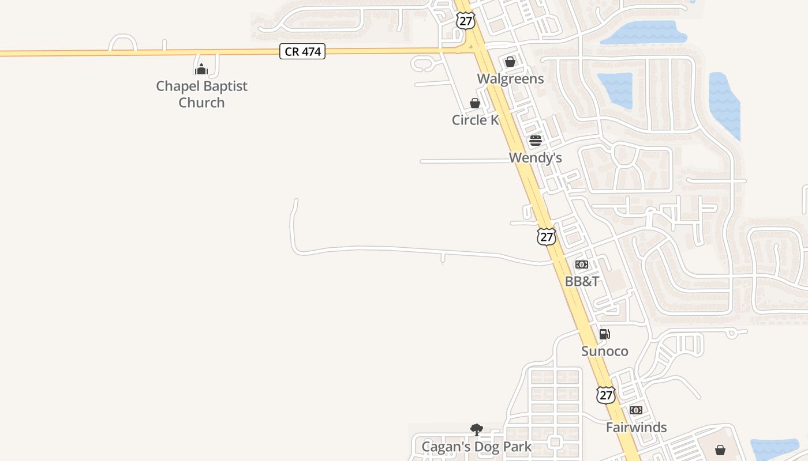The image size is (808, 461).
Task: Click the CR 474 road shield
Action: [302, 52]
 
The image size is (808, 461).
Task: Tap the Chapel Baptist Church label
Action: [201, 95]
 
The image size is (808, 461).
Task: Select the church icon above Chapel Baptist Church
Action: [201, 69]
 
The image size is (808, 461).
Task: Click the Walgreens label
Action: [510, 78]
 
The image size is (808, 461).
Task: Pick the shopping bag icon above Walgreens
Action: [510, 62]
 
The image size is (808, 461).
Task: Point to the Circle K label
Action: [475, 120]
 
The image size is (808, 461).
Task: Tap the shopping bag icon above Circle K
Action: [475, 103]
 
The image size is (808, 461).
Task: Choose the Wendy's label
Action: [535, 157]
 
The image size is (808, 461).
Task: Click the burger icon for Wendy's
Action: [536, 141]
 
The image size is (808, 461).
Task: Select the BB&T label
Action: [582, 281]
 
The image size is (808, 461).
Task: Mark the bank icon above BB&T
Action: [582, 264]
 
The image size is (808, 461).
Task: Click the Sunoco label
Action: [604, 351]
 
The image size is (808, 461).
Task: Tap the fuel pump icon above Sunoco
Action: [604, 334]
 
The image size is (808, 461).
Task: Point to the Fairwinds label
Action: [636, 427]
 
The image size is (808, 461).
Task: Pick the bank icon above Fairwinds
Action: [636, 410]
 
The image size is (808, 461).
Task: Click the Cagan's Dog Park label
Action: [477, 447]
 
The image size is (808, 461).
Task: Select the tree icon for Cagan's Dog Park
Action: [477, 429]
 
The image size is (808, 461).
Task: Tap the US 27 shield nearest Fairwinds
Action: [605, 395]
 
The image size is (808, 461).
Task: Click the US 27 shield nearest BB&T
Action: [546, 236]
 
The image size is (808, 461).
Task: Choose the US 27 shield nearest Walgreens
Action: [465, 21]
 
